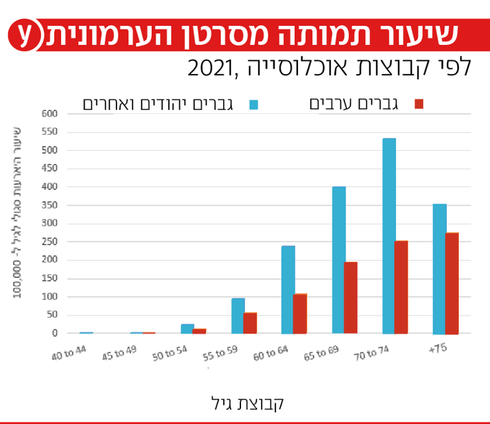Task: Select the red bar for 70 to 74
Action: pyautogui.click(x=401, y=287)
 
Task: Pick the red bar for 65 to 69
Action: pyautogui.click(x=350, y=298)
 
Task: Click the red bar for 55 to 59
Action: pyautogui.click(x=250, y=323)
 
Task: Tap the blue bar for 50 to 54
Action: pyautogui.click(x=187, y=328)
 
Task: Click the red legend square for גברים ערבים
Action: pyautogui.click(x=418, y=104)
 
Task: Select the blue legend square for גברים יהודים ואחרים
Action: pyautogui.click(x=254, y=104)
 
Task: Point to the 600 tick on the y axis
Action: pyautogui.click(x=50, y=114)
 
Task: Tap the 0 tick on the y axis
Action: pyautogui.click(x=56, y=333)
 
